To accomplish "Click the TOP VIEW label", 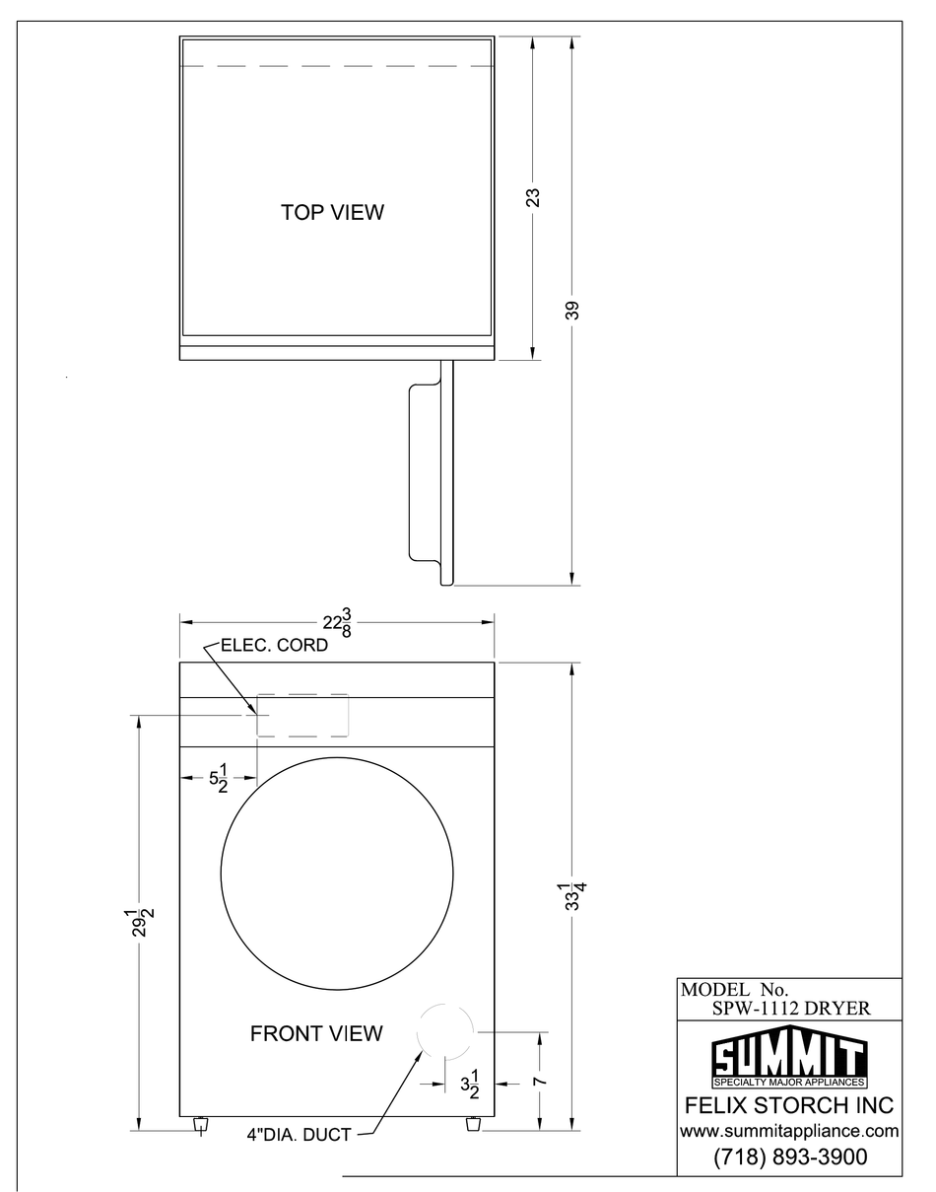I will coord(332,212).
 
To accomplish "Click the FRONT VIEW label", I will coord(316,1033).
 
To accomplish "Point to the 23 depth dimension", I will coord(533,197).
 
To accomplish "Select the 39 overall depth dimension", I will coord(573,311).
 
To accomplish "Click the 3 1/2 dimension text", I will coord(469,1084).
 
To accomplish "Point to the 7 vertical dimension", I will coord(540,1082).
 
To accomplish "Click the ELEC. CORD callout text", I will coord(274,648).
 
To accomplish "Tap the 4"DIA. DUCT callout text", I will coord(299,1135).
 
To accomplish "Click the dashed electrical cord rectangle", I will coord(302,715).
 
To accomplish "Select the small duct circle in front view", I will coord(445,1030).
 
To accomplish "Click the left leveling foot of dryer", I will coord(201,1124).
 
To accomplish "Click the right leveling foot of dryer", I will coord(472,1124).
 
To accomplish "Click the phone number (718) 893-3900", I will coord(789,1157).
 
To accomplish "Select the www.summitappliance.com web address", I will coord(789,1131).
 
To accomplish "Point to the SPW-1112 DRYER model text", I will coord(791,1008).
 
